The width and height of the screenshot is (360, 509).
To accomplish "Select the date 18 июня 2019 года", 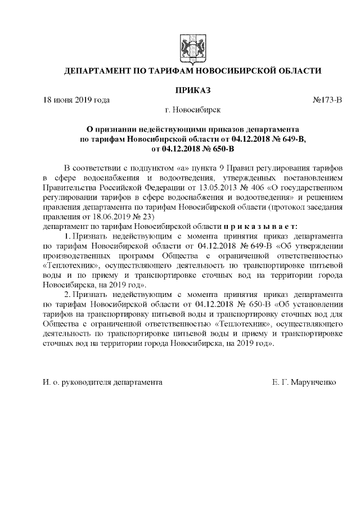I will coord(76,100).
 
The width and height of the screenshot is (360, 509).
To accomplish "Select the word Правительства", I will coord(69,187).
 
